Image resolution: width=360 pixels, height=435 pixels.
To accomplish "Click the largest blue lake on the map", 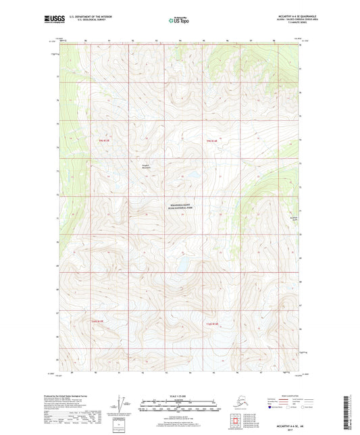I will coord(182,261).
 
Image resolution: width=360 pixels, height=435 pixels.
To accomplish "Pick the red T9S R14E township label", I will coord(211,140).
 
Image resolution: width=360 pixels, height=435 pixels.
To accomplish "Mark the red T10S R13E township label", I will coord(95,321).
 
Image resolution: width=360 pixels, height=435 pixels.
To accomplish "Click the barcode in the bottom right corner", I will coord(349,412).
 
